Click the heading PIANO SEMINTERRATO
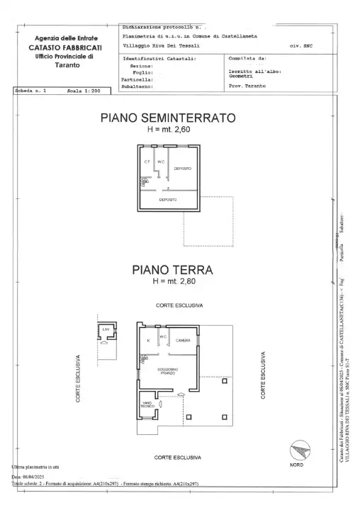tap(167, 118)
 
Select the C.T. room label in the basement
tap(147, 161)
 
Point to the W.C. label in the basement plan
tap(160, 161)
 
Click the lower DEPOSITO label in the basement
tap(167, 200)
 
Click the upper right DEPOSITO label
tap(183, 168)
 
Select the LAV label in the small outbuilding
tap(106, 329)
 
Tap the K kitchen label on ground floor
tap(147, 341)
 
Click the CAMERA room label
tap(183, 341)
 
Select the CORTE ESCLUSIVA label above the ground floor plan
tap(179, 305)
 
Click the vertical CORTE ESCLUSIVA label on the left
tap(78, 378)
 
